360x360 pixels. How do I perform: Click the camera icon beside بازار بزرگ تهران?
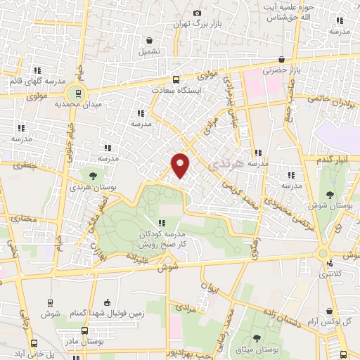click(197, 13)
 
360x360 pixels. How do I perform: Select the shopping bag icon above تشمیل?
click(148, 40)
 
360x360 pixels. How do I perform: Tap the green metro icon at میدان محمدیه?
click(77, 92)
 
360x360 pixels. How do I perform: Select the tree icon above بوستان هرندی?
click(93, 176)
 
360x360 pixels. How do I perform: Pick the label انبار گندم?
click(328, 161)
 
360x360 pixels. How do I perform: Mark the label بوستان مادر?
click(84, 341)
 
